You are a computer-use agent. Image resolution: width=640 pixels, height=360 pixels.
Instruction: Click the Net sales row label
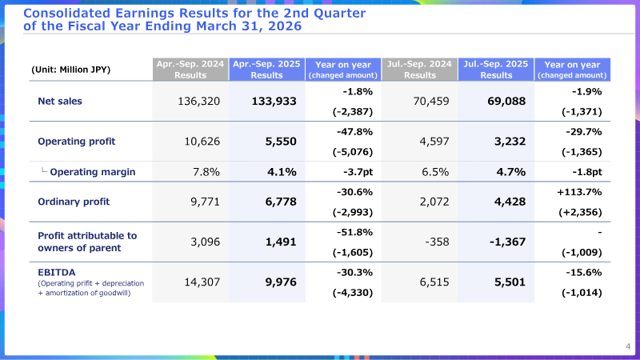59,102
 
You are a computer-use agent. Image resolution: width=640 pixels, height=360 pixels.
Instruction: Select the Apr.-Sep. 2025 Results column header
266,70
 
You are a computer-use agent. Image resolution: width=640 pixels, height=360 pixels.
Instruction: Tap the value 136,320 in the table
198,102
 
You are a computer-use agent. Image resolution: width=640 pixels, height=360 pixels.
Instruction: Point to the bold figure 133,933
274,102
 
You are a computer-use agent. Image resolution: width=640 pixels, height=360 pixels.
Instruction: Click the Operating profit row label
76,142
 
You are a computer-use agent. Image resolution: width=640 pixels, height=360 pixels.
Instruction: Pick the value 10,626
202,142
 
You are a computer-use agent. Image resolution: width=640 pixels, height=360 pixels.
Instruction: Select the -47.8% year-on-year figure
354,132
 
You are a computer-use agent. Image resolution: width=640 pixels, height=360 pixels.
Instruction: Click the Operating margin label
93,172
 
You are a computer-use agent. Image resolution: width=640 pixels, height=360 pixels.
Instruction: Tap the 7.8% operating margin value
206,172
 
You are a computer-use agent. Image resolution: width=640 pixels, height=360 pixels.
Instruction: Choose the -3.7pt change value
358,172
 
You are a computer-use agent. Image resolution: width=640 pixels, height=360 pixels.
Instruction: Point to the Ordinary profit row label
74,202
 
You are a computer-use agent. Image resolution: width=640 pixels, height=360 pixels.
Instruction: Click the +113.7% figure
579,192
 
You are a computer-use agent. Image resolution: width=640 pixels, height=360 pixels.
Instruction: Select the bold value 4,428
510,202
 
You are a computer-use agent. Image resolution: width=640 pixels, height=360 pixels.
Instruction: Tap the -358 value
437,242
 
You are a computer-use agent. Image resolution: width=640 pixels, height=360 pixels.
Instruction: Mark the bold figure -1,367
508,242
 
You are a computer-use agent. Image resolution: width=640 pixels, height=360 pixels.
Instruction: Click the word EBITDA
56,272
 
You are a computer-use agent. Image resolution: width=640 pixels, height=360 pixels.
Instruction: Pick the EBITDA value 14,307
202,282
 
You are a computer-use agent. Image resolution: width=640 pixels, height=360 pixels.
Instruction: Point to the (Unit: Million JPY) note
70,70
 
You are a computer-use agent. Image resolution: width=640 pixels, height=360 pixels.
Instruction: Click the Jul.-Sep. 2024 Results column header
419,70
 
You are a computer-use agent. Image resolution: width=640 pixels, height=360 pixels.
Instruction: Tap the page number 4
628,346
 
